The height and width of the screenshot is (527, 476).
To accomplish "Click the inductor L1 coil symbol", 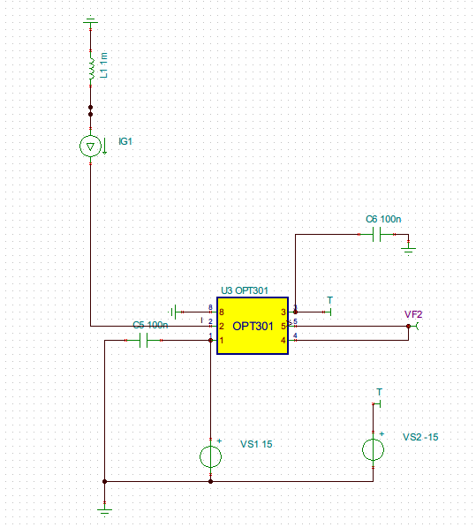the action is pyautogui.click(x=92, y=69).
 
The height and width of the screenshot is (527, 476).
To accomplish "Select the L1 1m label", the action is pyautogui.click(x=104, y=65).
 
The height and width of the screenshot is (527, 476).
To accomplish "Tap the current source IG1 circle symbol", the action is pyautogui.click(x=90, y=147).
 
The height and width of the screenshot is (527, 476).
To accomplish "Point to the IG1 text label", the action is pyautogui.click(x=125, y=141).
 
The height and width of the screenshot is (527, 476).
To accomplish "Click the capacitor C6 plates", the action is pyautogui.click(x=377, y=235).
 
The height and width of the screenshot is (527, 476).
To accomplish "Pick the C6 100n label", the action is pyautogui.click(x=383, y=219).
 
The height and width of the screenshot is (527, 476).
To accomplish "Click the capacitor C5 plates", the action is pyautogui.click(x=144, y=341).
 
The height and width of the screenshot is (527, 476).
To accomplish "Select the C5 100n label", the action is pyautogui.click(x=150, y=325).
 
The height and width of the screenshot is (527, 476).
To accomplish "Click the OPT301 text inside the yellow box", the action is pyautogui.click(x=253, y=326).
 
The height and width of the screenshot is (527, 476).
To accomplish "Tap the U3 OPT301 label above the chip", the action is pyautogui.click(x=245, y=290).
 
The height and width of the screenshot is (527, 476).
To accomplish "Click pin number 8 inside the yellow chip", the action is pyautogui.click(x=222, y=312).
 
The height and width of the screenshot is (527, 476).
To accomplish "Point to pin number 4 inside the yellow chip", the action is pyautogui.click(x=283, y=341).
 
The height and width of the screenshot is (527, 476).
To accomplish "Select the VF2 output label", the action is pyautogui.click(x=413, y=314).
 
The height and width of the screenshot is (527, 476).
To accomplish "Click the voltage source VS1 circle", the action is pyautogui.click(x=210, y=456).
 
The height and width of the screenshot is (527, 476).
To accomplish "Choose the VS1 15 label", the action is pyautogui.click(x=256, y=444).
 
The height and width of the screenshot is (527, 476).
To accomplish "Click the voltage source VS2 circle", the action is pyautogui.click(x=374, y=449).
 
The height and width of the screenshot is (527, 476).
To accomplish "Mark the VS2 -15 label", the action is pyautogui.click(x=420, y=437).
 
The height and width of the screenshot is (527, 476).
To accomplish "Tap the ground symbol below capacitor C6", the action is pyautogui.click(x=408, y=251).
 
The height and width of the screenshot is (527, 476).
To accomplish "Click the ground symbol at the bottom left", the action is pyautogui.click(x=104, y=511).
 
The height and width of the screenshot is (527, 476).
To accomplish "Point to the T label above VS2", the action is pyautogui.click(x=379, y=392).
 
